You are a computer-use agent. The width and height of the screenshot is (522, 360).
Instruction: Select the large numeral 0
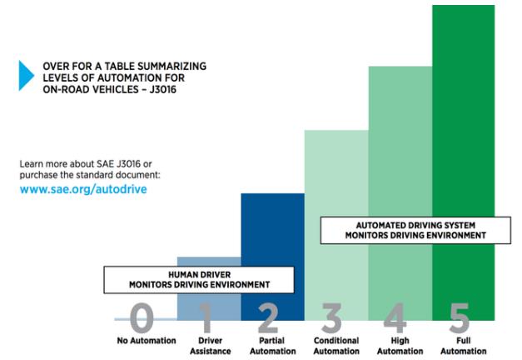(x=143, y=317)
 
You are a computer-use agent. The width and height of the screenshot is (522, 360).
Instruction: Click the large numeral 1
(x=208, y=317)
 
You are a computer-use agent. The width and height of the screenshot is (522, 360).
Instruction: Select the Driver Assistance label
(x=208, y=345)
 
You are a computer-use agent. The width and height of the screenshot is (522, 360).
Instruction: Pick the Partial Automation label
(x=271, y=345)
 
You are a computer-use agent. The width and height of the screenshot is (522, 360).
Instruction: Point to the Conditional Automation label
(x=336, y=345)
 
